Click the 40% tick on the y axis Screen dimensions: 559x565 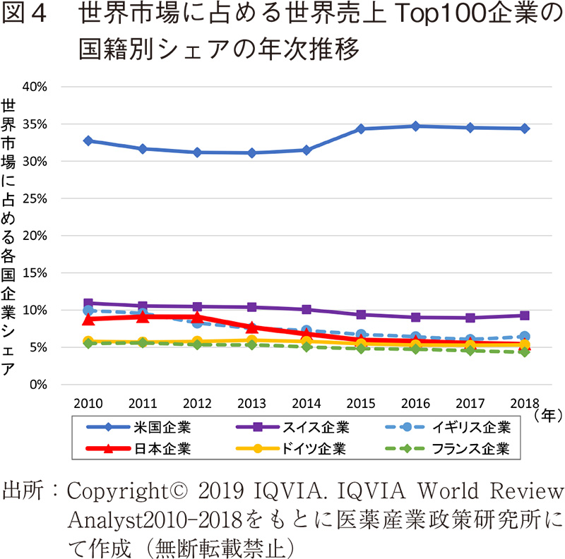click(35, 87)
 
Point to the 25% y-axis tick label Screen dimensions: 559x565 click(35, 198)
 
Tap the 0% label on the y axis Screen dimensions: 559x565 click(38, 385)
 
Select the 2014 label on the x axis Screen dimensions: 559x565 click(307, 403)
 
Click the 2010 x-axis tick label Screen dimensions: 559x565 click(88, 403)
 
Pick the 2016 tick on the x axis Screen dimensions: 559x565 click(416, 403)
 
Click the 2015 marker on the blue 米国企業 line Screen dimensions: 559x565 click(361, 128)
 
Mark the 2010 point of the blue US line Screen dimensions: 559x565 click(88, 140)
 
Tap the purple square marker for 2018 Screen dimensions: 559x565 click(525, 315)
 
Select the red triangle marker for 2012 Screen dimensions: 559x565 click(198, 317)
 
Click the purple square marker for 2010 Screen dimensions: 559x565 click(88, 303)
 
